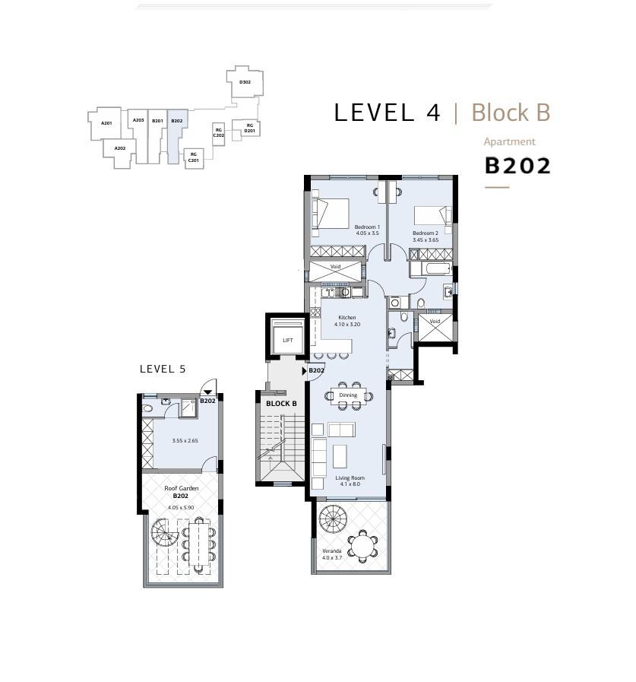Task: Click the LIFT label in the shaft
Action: click(288, 340)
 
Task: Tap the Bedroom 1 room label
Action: click(367, 227)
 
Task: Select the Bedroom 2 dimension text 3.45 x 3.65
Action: click(426, 239)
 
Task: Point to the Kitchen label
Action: click(347, 318)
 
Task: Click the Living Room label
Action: click(350, 477)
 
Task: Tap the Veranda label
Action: click(332, 550)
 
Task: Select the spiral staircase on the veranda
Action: click(333, 519)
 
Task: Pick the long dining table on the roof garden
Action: click(199, 545)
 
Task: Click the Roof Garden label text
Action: click(182, 488)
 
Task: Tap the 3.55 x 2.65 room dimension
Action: click(185, 441)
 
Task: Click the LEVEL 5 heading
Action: click(163, 369)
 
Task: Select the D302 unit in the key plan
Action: click(245, 82)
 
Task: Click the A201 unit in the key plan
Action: click(106, 123)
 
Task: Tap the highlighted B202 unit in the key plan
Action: click(176, 131)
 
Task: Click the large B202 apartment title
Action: click(517, 166)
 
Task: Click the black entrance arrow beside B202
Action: click(304, 371)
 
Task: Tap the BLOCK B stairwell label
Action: click(281, 404)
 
